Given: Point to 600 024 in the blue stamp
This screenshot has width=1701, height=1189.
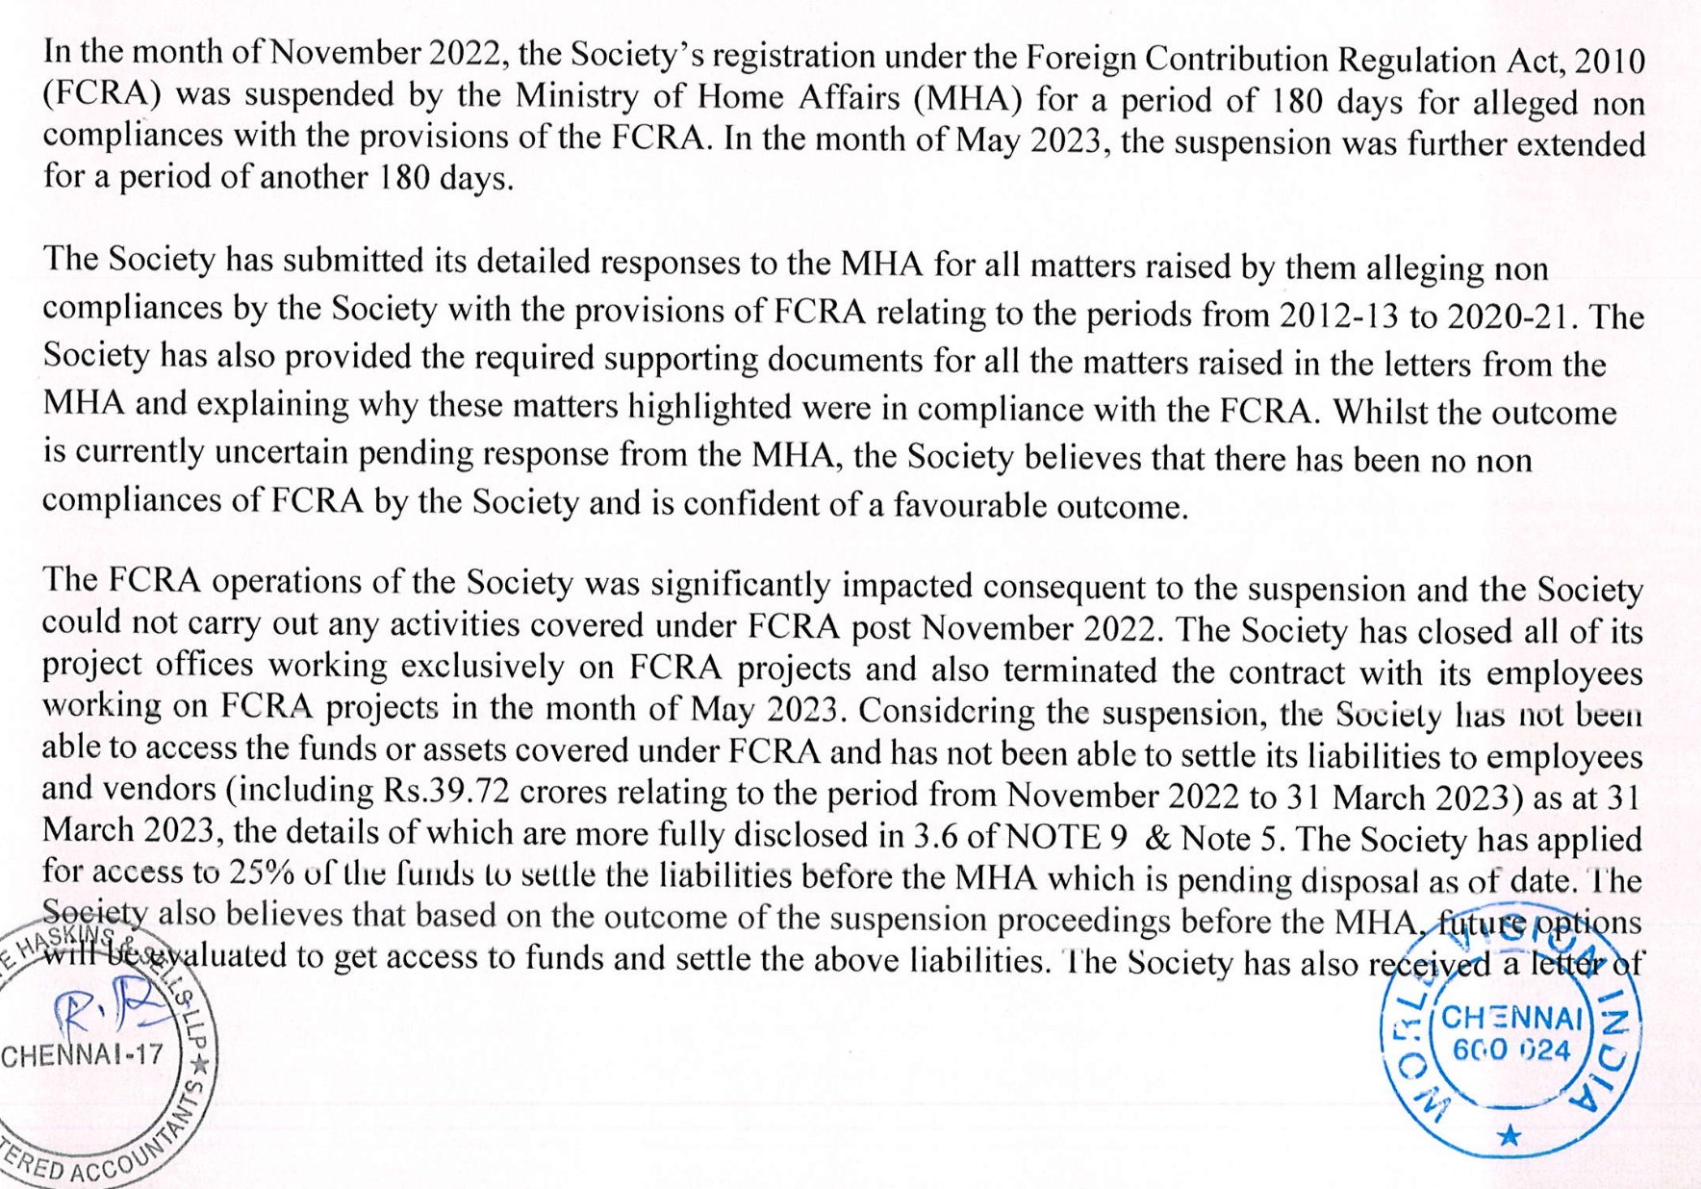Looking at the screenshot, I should pyautogui.click(x=1511, y=1050).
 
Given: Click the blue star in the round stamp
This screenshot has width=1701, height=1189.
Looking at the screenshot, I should pyautogui.click(x=1510, y=1136).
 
